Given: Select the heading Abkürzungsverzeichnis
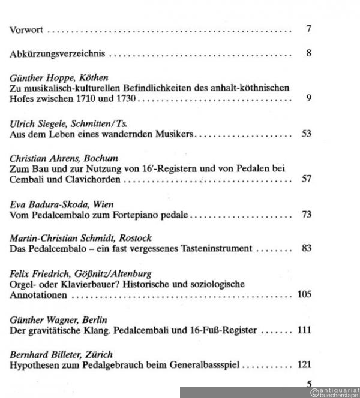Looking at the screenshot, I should (58, 53).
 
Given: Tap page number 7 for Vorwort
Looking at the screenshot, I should (308, 29).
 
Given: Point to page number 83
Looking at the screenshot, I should (306, 248).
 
